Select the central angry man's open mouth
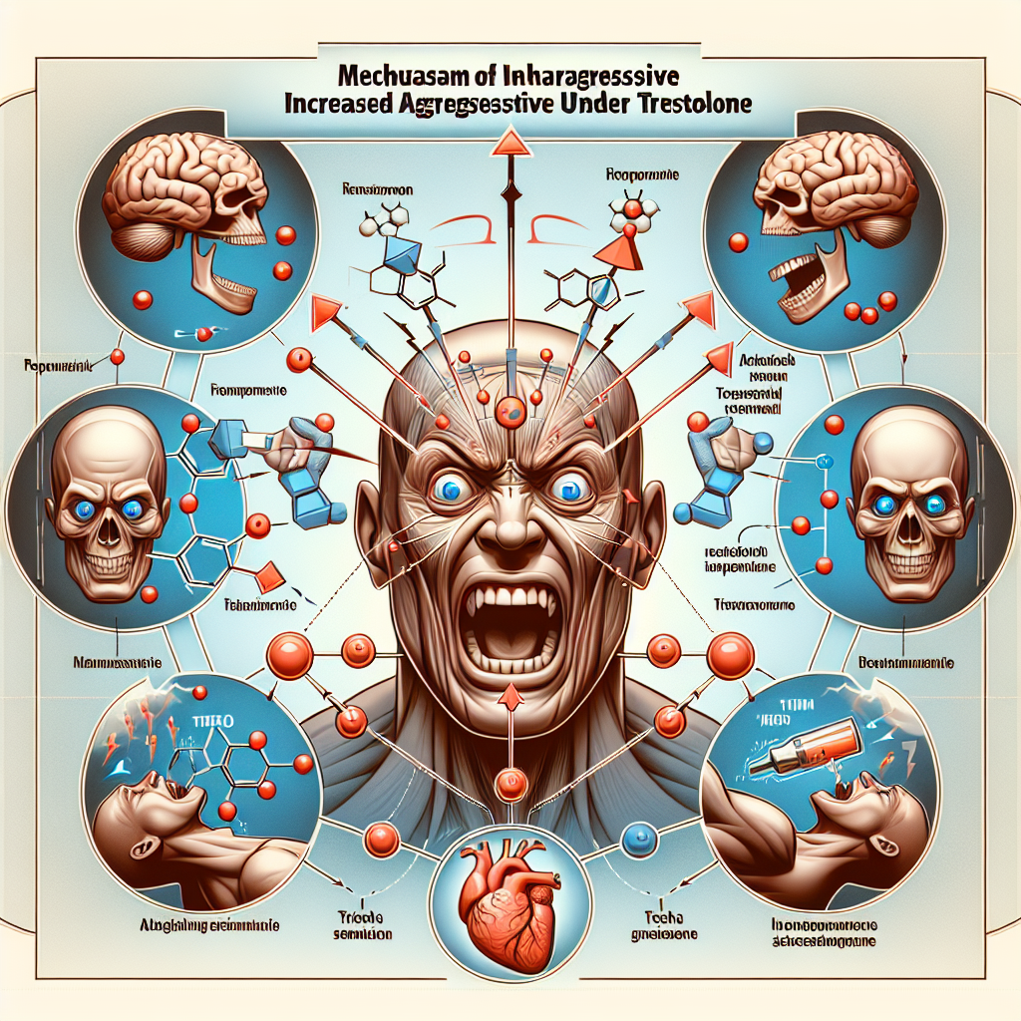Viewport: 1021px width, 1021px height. (x=509, y=626)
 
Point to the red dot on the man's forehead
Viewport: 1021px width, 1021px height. (x=510, y=406)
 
